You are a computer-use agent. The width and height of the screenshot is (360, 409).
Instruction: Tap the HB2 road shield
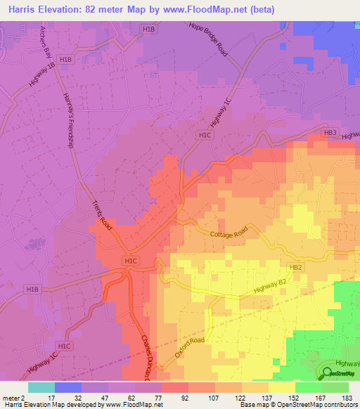pos(296,268)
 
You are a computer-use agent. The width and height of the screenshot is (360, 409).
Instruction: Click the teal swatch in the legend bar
pos(41,387)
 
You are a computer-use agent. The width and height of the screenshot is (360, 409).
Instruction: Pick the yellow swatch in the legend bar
pos(281,387)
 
